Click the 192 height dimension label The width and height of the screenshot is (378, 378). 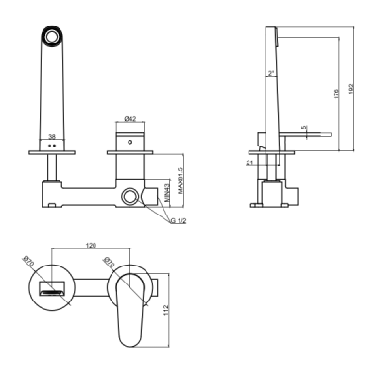click(352, 88)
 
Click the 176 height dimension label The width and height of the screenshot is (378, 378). click(336, 94)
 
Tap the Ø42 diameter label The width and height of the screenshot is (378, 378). click(130, 119)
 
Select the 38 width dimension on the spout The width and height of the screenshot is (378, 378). click(52, 136)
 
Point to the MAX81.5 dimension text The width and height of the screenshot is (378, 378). click(180, 180)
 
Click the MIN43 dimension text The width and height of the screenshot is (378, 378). click(167, 193)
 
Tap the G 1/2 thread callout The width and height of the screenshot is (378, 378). click(179, 221)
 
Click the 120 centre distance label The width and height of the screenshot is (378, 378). click(92, 245)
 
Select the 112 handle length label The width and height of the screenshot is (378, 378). click(167, 310)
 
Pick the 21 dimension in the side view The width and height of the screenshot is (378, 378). click(249, 163)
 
